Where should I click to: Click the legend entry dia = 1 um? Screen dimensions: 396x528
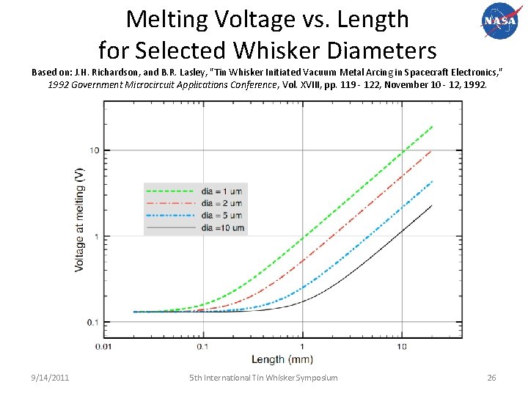pyautogui.click(x=220, y=191)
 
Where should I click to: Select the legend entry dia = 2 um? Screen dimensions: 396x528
pyautogui.click(x=220, y=203)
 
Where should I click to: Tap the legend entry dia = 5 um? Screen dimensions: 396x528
pyautogui.click(x=220, y=216)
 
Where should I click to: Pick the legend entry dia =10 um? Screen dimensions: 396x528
pyautogui.click(x=220, y=228)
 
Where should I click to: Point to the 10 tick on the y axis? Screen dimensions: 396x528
pyautogui.click(x=95, y=150)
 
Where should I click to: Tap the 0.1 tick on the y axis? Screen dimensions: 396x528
pyautogui.click(x=94, y=323)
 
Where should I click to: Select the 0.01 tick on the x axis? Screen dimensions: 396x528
pyautogui.click(x=103, y=346)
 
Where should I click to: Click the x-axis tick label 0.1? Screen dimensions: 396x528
pyautogui.click(x=202, y=346)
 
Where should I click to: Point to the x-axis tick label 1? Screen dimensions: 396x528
pyautogui.click(x=302, y=346)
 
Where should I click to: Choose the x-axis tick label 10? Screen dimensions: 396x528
pyautogui.click(x=402, y=346)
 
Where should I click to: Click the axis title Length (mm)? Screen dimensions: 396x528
pyautogui.click(x=282, y=359)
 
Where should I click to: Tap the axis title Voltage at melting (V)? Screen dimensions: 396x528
pyautogui.click(x=79, y=220)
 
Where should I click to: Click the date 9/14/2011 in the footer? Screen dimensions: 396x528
pyautogui.click(x=51, y=378)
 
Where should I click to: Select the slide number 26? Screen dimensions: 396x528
pyautogui.click(x=492, y=378)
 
